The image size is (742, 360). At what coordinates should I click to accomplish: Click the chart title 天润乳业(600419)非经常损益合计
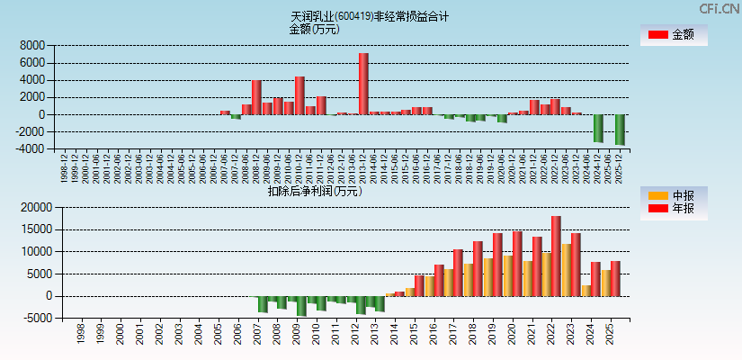(370, 16)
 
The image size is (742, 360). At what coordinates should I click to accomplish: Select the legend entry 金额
(673, 35)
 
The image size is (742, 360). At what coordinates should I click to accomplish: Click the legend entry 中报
(673, 195)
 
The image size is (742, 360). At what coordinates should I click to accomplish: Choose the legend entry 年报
(673, 209)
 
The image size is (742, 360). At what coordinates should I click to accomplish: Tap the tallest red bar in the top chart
(363, 84)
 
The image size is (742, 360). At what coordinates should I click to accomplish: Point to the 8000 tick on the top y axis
(32, 45)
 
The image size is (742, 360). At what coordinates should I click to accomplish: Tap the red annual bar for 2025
(615, 278)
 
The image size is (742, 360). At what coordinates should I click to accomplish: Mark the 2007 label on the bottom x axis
(258, 336)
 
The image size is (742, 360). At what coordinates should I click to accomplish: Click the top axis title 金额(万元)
(314, 29)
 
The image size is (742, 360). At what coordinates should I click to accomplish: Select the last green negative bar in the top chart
(620, 130)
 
